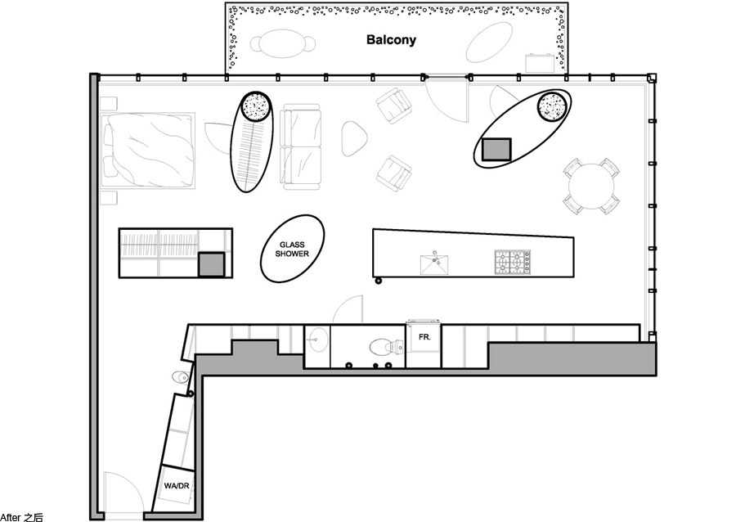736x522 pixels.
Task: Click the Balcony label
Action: pos(391,40)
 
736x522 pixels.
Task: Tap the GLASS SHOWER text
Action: pos(292,249)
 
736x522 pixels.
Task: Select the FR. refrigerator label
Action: pos(424,337)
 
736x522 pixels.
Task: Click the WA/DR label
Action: pos(177,486)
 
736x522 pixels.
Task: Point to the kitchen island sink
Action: pos(434,263)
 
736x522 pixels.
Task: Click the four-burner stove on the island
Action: pos(513,263)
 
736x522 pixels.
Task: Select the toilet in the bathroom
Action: pos(386,348)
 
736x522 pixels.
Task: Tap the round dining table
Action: pos(591,186)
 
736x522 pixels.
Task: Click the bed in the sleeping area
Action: pos(148,151)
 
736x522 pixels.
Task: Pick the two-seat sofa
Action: pos(300,146)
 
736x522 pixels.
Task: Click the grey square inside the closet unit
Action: pos(211,265)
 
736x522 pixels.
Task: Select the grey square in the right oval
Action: pos(496,149)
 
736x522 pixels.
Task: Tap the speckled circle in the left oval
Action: pos(256,107)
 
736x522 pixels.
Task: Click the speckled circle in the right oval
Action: pos(552,106)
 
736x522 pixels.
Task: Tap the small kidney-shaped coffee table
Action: pos(354,138)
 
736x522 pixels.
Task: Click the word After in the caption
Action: pos(11,517)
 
